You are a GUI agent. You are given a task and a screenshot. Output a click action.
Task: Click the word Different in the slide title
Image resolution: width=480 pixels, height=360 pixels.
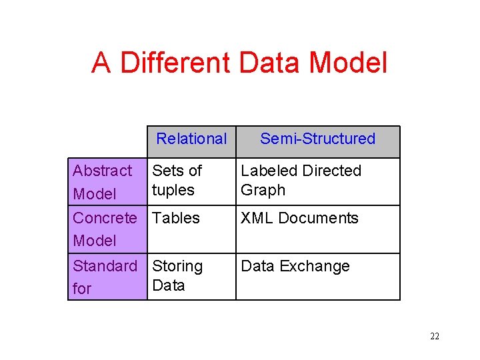[175, 63]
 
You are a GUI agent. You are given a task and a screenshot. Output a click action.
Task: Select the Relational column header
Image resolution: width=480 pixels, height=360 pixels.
[191, 139]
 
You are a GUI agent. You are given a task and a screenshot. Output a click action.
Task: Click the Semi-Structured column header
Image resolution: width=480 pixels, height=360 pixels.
[317, 139]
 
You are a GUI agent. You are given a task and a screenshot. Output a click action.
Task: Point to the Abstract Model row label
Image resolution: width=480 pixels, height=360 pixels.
[103, 182]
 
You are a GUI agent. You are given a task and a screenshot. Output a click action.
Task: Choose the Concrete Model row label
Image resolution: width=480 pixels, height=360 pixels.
[104, 229]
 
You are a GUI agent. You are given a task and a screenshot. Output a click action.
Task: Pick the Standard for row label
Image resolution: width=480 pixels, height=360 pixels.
[105, 277]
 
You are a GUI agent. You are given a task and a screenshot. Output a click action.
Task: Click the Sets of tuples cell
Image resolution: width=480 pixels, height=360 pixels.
[177, 180]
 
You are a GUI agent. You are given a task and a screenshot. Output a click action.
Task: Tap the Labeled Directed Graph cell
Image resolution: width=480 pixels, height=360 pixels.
[301, 180]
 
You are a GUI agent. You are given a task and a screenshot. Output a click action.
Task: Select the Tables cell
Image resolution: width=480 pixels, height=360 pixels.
[176, 218]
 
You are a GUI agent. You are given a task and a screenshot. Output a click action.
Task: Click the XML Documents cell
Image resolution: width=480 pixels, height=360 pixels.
[299, 218]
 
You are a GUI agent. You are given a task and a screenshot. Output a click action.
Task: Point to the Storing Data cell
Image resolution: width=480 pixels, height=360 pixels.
[177, 275]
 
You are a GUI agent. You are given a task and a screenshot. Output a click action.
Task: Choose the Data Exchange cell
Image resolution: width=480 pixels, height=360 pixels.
[295, 266]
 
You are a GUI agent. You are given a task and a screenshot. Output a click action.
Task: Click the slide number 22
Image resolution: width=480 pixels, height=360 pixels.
[435, 336]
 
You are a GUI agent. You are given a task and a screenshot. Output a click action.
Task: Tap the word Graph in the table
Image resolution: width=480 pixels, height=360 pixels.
[263, 190]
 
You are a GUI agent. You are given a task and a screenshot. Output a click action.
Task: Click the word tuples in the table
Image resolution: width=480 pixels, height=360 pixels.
[173, 190]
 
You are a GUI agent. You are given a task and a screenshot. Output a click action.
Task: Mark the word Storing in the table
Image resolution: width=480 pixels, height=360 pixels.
[177, 266]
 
